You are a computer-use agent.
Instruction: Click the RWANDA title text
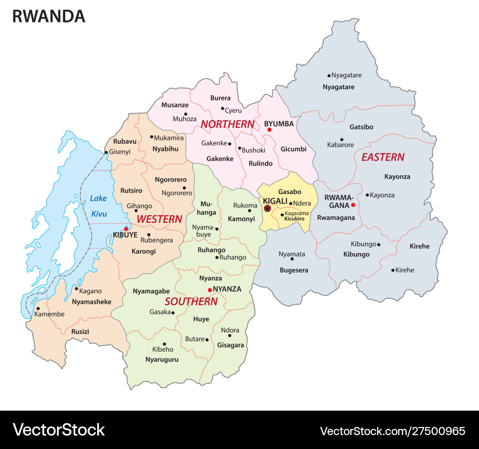point(48,16)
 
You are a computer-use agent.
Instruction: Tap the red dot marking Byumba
point(269,130)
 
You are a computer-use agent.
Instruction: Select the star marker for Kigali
point(267,208)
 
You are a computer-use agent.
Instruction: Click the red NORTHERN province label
point(227,124)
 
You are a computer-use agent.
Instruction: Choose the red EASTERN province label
point(382,157)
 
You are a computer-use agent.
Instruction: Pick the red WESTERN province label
point(159,219)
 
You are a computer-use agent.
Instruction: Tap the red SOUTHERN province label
point(191,301)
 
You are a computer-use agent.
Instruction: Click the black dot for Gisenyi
point(106,152)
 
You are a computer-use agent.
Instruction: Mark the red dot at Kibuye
point(126,229)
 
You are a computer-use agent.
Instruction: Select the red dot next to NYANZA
point(209,290)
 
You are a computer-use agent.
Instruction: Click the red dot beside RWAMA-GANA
point(353,205)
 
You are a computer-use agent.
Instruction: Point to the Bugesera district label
point(294,270)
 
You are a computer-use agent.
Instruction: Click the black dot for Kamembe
point(38,309)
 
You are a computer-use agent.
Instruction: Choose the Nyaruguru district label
point(162,359)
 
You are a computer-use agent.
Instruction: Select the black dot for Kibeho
point(164,344)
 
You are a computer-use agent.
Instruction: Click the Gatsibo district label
point(361,127)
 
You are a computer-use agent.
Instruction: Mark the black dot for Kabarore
point(342,139)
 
